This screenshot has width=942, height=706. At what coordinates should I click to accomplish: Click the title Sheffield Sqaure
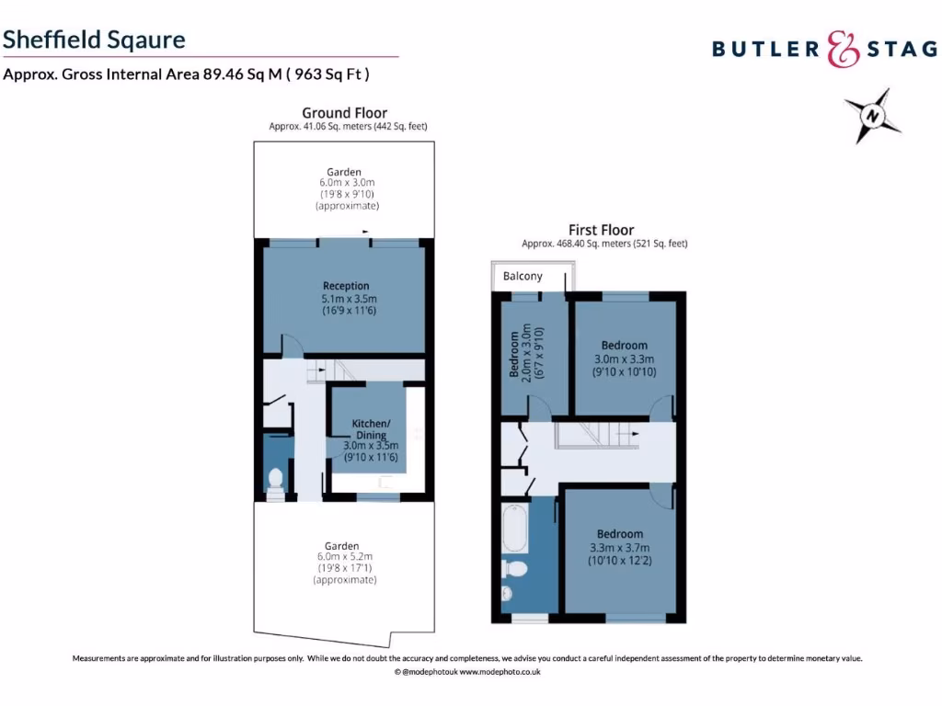[94, 40]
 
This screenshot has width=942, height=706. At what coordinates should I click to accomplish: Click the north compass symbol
[870, 116]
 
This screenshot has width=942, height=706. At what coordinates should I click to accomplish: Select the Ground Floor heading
[345, 113]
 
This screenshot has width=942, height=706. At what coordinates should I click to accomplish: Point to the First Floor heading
[603, 230]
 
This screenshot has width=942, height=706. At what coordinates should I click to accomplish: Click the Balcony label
[523, 276]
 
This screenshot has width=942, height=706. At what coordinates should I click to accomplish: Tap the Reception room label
[346, 286]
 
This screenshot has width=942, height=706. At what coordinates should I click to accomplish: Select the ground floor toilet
[275, 479]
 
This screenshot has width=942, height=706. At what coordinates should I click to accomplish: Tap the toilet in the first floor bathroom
[515, 570]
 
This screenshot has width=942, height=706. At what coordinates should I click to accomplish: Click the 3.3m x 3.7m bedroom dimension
[619, 547]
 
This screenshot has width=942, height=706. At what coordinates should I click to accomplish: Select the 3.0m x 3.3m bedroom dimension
[624, 359]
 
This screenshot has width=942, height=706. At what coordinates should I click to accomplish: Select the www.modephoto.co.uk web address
[500, 672]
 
